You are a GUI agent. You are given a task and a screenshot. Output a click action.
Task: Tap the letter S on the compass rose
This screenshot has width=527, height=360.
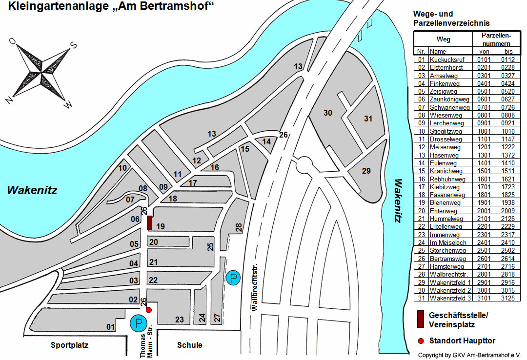tap(74, 45)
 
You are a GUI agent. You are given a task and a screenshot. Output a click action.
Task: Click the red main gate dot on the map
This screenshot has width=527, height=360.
tap(149, 310)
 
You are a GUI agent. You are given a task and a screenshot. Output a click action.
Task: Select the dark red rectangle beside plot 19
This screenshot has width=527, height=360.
tap(150, 223)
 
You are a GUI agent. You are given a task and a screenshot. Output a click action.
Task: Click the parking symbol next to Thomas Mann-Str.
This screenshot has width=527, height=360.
tap(138, 323)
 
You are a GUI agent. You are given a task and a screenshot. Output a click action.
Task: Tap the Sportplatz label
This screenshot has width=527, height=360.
tap(70, 345)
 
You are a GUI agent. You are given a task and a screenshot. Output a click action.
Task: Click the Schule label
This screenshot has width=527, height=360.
tap(190, 345)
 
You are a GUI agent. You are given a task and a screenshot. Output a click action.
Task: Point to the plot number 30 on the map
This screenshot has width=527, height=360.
tap(328, 113)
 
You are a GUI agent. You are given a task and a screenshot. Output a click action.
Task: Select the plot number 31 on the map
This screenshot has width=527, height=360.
tap(368, 119)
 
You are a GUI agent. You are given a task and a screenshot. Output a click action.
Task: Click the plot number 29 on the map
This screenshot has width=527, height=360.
tap(366, 171)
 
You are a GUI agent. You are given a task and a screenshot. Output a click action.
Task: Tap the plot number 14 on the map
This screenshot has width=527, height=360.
tap(266, 141)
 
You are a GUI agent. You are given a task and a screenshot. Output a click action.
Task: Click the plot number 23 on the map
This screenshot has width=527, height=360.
tap(180, 320)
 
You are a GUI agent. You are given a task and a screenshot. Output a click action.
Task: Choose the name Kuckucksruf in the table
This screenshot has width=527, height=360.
tap(445, 60)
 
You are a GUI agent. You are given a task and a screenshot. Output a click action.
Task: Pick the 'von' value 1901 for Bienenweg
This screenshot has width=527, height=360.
tap(484, 203)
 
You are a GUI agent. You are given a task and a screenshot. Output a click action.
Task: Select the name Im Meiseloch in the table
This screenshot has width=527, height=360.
tap(448, 242)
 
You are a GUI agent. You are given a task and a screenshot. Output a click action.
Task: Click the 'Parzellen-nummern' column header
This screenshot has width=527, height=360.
tap(496, 40)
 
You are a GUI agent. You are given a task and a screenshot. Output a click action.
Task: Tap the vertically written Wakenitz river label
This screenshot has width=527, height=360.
tap(399, 201)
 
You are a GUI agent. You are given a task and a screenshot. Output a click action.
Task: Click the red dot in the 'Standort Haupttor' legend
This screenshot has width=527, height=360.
tap(420, 340)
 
